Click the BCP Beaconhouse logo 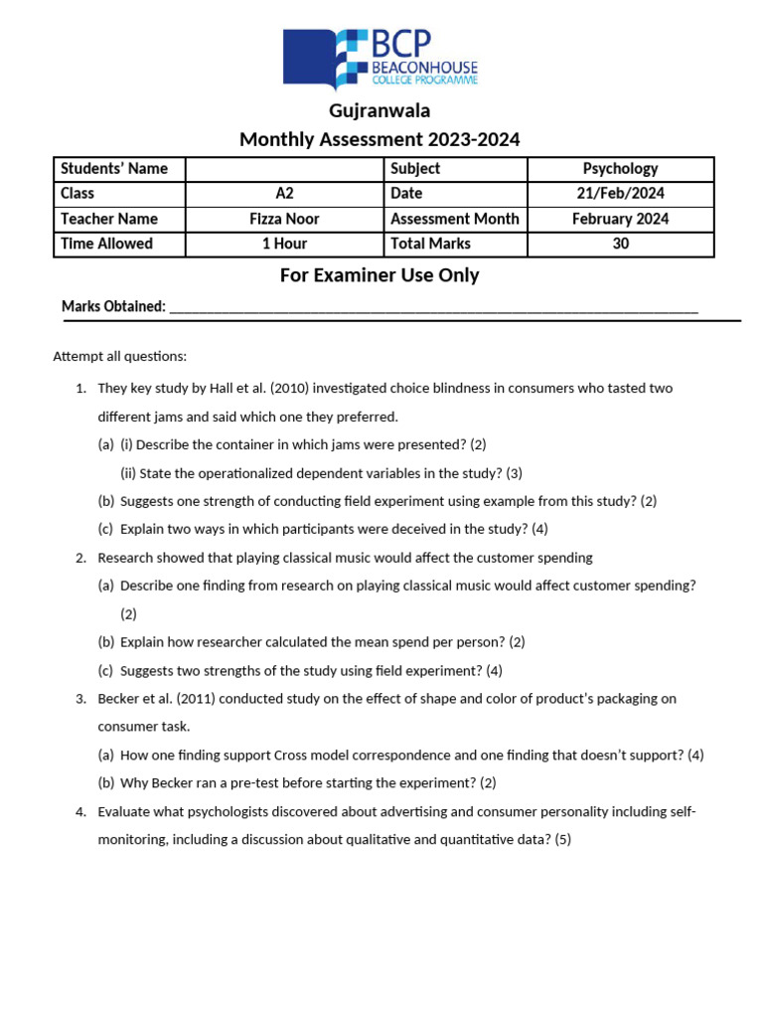coord(381,58)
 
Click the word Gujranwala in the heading coord(380,110)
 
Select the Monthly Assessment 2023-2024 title coord(380,139)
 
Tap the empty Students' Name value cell coord(284,169)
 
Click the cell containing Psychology coord(620,169)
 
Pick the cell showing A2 coord(284,194)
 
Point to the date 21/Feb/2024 coord(620,194)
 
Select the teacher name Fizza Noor coord(284,219)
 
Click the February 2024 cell coord(620,219)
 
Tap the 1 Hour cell coord(284,244)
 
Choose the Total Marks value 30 coord(620,244)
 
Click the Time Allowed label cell coord(107,244)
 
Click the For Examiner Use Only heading coord(380,275)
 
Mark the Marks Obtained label coord(113,307)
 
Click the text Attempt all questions coord(119,356)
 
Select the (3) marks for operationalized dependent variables coord(513,473)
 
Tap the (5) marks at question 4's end coord(562,840)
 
